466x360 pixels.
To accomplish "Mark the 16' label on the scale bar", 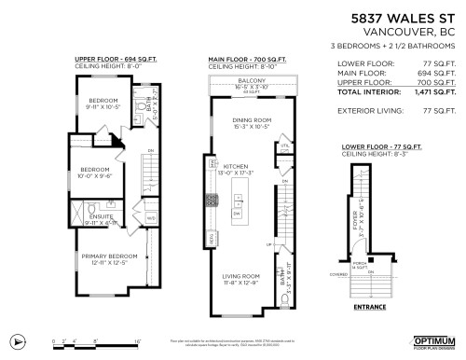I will [138, 341].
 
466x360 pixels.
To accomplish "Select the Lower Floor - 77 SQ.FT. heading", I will [380, 146].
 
